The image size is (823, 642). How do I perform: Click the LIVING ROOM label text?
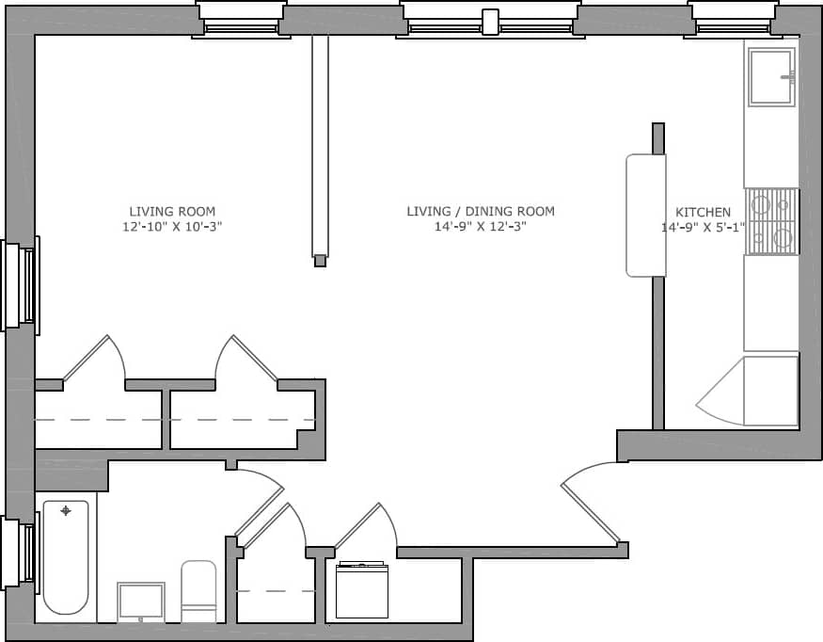(172, 211)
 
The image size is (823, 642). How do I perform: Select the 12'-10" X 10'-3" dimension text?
(172, 227)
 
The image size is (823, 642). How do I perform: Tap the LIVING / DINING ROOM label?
(480, 211)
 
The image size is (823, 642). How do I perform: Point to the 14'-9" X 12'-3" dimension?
(480, 227)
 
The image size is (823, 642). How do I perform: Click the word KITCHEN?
(703, 212)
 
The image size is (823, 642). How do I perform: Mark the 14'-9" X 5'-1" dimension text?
(703, 227)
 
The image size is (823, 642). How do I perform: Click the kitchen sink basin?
(771, 76)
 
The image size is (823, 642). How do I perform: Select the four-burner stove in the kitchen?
(771, 221)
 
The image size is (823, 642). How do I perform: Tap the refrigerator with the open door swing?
(770, 391)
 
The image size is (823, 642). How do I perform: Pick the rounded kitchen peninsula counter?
(645, 216)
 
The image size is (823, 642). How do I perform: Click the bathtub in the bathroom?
(66, 556)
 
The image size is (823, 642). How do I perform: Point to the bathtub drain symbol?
(66, 511)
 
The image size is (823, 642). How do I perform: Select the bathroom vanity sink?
(141, 602)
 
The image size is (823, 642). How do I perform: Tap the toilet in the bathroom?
(198, 592)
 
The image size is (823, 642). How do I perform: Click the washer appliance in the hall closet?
(362, 590)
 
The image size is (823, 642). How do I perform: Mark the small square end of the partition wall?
(320, 261)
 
